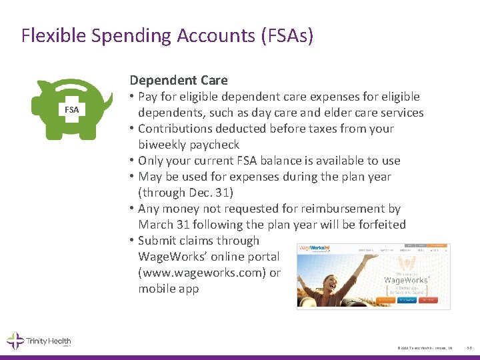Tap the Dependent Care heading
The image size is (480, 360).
pyautogui.click(x=179, y=81)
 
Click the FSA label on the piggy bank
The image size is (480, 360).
pyautogui.click(x=71, y=109)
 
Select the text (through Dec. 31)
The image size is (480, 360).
pyautogui.click(x=186, y=193)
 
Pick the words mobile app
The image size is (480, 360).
pyautogui.click(x=168, y=289)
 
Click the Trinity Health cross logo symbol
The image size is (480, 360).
pyautogui.click(x=15, y=341)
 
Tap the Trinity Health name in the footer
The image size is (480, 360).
pyautogui.click(x=48, y=341)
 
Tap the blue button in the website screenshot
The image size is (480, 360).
pyautogui.click(x=407, y=300)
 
